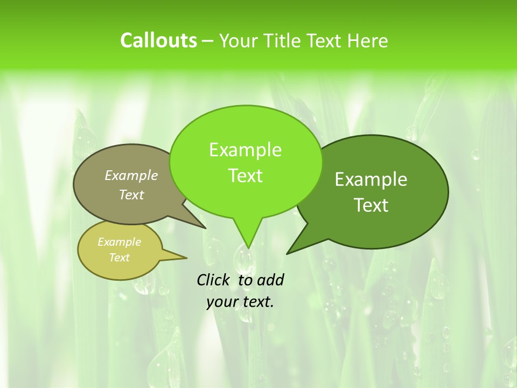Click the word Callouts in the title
pyautogui.click(x=158, y=40)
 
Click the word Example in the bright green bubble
pyautogui.click(x=245, y=150)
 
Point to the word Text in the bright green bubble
pyautogui.click(x=245, y=176)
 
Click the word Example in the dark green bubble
pyautogui.click(x=371, y=179)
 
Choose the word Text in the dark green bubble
pyautogui.click(x=371, y=205)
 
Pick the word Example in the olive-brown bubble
pyautogui.click(x=131, y=175)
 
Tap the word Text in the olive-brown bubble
pyautogui.click(x=131, y=195)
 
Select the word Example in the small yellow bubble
pyautogui.click(x=119, y=242)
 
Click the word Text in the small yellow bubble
pyautogui.click(x=119, y=258)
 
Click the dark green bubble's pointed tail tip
pyautogui.click(x=287, y=253)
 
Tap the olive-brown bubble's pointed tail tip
pyautogui.click(x=206, y=228)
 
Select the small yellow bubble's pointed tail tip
pyautogui.click(x=186, y=258)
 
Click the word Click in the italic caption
pyautogui.click(x=214, y=280)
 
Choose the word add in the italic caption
pyautogui.click(x=270, y=280)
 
